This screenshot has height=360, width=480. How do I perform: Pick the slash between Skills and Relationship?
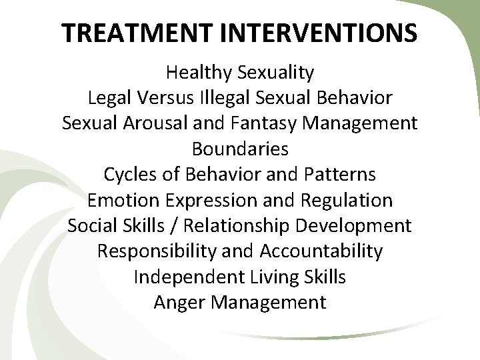click(173, 226)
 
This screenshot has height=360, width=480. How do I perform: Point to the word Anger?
click(180, 303)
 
